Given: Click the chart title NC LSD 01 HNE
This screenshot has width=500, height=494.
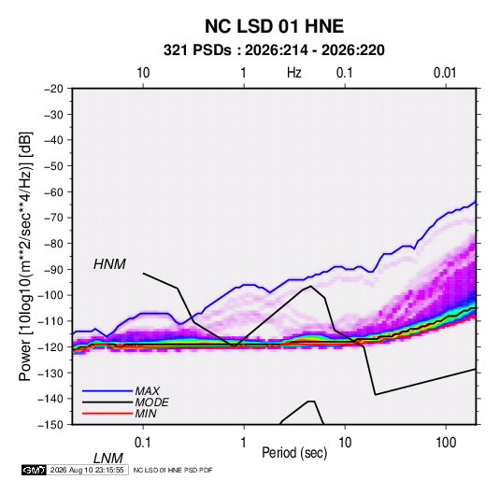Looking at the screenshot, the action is (x=274, y=26).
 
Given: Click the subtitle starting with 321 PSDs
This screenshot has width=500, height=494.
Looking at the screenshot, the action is (x=274, y=50).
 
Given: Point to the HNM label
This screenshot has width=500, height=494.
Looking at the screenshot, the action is (x=109, y=264).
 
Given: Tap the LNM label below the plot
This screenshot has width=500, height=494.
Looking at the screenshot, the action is (x=108, y=459).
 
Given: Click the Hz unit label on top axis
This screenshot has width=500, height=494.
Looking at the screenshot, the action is (x=294, y=73).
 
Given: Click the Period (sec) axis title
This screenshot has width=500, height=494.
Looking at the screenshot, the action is (x=294, y=453).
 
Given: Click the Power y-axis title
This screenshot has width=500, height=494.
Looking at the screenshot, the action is (x=25, y=256).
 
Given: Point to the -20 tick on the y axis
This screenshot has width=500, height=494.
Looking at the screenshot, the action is (x=53, y=89).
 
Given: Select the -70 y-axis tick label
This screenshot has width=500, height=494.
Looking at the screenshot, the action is (x=53, y=218).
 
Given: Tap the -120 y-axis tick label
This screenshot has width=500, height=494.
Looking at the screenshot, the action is (x=50, y=346).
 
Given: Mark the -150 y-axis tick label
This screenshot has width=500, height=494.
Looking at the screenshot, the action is (x=50, y=425).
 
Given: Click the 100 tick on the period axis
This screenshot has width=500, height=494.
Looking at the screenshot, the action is (x=446, y=443).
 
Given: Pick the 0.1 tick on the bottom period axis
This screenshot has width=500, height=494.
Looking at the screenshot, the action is (x=143, y=443).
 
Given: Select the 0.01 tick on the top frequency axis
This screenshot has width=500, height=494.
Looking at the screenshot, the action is (x=445, y=73).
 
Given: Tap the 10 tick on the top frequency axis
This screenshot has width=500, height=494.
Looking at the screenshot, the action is (x=143, y=73).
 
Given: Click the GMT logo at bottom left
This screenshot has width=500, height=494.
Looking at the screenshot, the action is (x=35, y=470).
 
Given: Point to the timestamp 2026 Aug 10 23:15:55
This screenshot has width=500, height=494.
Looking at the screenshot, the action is (x=87, y=470).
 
